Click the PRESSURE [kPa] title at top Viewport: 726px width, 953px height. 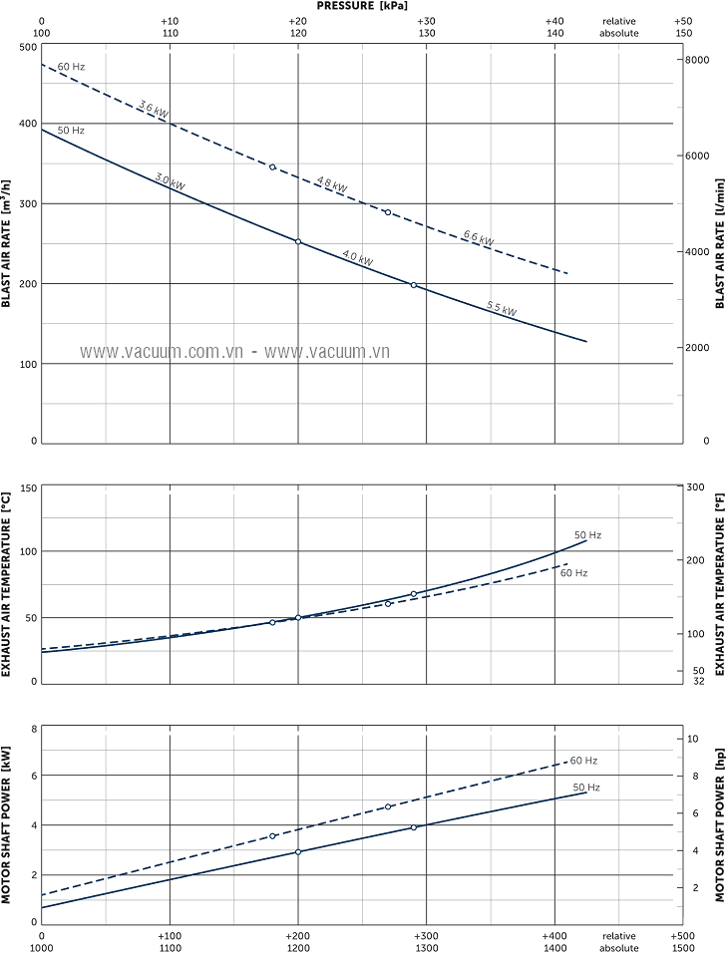pyautogui.click(x=362, y=6)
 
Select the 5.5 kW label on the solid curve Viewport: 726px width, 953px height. pyautogui.click(x=502, y=308)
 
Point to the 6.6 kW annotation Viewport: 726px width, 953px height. pyautogui.click(x=478, y=238)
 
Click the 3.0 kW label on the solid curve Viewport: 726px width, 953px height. pyautogui.click(x=170, y=180)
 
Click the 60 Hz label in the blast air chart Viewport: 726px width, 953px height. pyautogui.click(x=71, y=67)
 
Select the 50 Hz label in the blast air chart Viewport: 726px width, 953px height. pyautogui.click(x=71, y=131)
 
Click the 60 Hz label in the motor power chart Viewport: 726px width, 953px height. pyautogui.click(x=584, y=761)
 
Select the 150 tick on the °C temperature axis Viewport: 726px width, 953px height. pyautogui.click(x=26, y=488)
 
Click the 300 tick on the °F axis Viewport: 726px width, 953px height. pyautogui.click(x=696, y=487)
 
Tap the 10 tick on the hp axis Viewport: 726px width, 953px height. pyautogui.click(x=692, y=739)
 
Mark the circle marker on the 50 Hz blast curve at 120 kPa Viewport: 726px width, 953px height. pyautogui.click(x=298, y=241)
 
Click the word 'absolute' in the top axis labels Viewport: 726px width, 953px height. pyautogui.click(x=618, y=33)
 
